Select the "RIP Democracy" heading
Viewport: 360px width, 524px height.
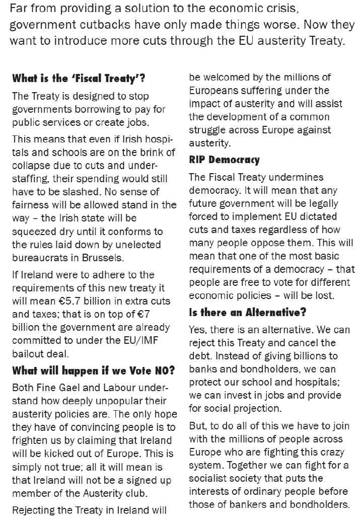224,160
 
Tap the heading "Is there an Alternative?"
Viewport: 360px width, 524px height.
247,312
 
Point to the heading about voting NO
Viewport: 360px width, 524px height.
94,371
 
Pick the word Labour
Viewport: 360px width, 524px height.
124,388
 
